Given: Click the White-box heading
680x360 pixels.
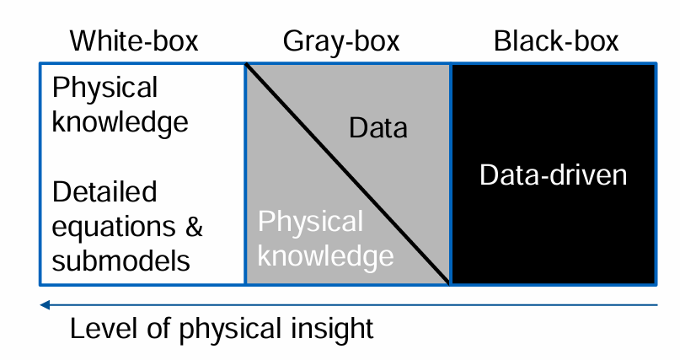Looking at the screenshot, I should coord(134,40).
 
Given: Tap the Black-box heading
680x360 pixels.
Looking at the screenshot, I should coord(556,40).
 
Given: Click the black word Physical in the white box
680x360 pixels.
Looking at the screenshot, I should coord(104,88).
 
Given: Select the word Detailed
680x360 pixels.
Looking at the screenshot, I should coord(104,192).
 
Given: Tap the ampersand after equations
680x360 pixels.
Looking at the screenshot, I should coord(193,226).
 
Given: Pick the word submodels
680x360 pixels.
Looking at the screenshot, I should coord(120,261).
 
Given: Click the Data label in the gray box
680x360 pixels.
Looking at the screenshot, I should coord(377,128).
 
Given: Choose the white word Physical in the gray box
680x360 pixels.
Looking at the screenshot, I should coord(310,222).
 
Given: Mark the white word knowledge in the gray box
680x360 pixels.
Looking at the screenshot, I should coord(325,255).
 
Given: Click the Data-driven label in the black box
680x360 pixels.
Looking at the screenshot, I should coord(553,175).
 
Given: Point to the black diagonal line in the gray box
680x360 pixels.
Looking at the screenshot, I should coord(347,174).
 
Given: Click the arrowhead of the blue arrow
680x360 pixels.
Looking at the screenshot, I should coord(46,304).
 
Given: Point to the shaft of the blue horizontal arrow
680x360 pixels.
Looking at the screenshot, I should coord(354,304).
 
